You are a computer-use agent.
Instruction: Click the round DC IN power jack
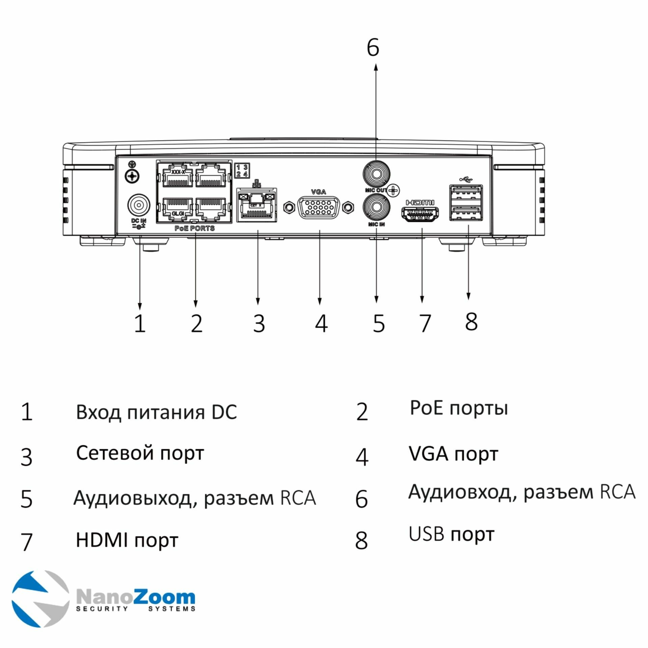click(138, 205)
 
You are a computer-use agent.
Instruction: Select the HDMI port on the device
click(420, 215)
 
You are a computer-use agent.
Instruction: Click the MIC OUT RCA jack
click(376, 174)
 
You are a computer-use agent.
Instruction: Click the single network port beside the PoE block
click(256, 206)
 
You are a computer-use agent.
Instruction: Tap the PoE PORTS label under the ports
click(194, 228)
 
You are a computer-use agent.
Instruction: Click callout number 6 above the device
click(373, 48)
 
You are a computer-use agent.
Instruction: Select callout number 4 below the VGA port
click(321, 323)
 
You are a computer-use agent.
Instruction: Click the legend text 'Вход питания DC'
click(156, 412)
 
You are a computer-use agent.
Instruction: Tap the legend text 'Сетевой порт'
click(140, 453)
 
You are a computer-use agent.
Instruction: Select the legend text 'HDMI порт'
click(127, 540)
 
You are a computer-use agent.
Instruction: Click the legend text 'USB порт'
click(451, 534)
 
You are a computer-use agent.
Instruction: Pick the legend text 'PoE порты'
click(459, 408)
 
